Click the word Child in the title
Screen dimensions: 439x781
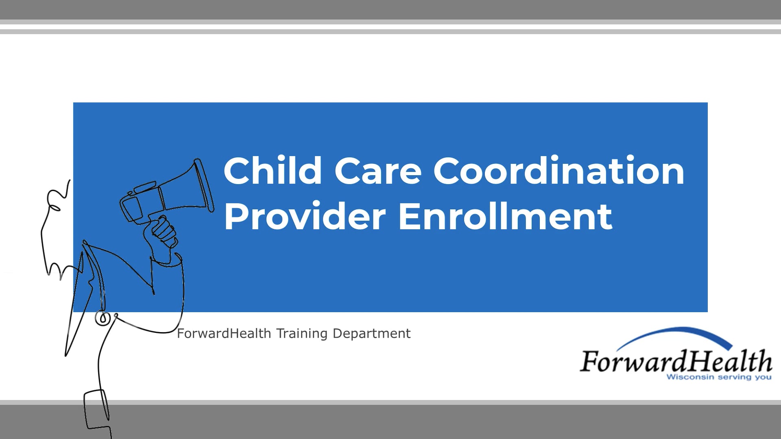pos(273,171)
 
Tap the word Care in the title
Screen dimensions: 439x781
pos(378,171)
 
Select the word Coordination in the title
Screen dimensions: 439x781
pos(559,171)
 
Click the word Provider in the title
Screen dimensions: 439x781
pos(305,216)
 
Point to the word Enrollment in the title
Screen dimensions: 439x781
pos(505,216)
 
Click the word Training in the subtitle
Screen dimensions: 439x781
pos(302,334)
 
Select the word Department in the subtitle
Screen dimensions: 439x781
pos(372,334)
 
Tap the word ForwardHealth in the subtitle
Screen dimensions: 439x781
pos(224,334)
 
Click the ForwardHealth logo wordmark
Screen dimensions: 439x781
pos(675,361)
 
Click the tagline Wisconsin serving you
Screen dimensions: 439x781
pos(719,377)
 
